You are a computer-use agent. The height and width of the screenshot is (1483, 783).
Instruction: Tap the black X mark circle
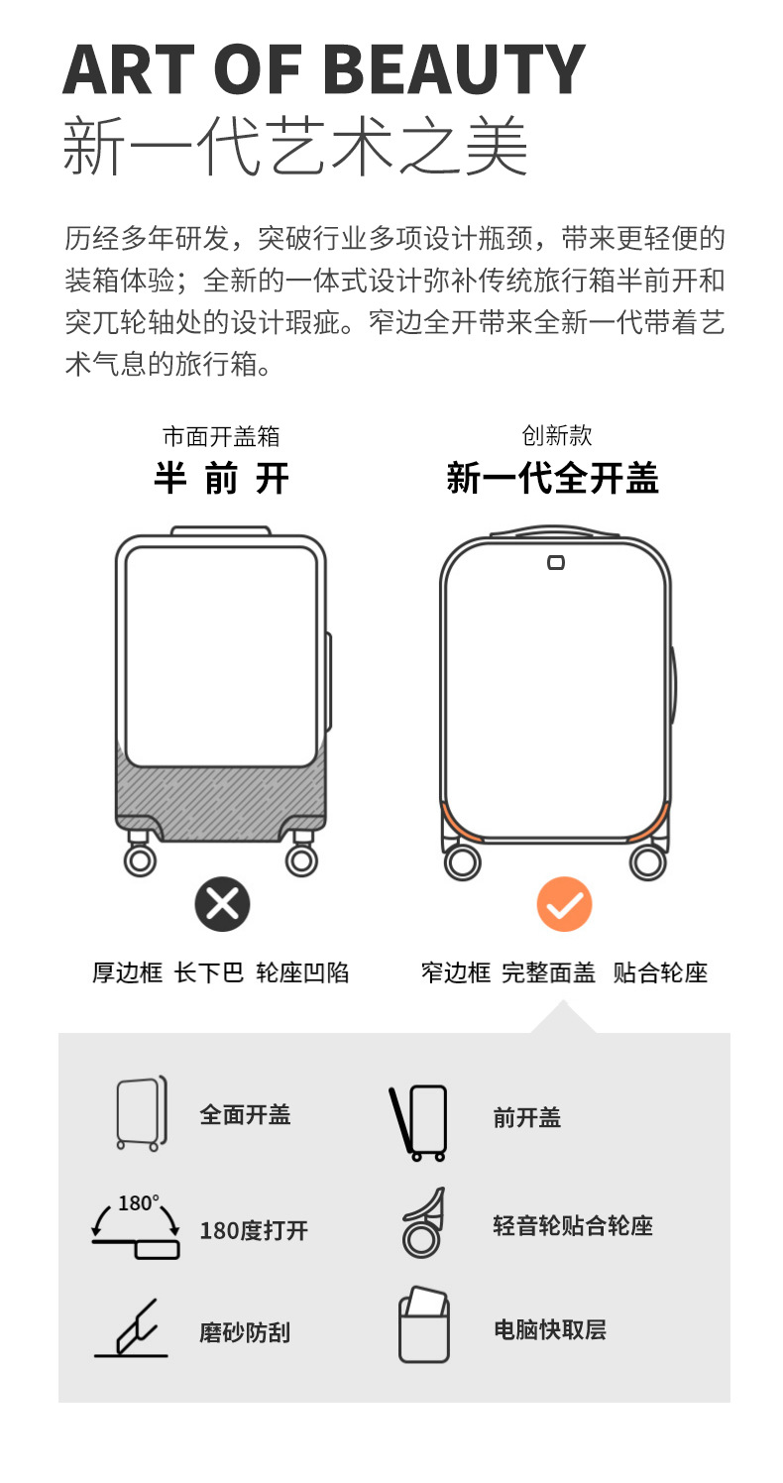coord(222,904)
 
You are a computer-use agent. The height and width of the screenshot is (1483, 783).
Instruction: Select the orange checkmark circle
coord(564,904)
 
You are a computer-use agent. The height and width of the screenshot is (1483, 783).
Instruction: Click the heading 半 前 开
coord(221,479)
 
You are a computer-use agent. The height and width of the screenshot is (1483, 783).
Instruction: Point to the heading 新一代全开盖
coord(552,479)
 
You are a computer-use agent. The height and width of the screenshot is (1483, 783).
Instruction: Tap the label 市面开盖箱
coord(221,436)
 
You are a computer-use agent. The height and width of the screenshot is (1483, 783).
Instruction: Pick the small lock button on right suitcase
coord(556,563)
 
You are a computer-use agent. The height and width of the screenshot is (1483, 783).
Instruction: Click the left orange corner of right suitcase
coord(460,822)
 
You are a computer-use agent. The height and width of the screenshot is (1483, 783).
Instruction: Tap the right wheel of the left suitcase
coord(301,859)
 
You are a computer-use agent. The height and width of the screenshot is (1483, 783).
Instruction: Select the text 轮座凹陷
coord(302,972)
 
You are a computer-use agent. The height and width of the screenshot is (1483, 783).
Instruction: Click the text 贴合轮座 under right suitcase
coord(660,972)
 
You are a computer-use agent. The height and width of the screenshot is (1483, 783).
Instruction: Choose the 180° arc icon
coord(137,1227)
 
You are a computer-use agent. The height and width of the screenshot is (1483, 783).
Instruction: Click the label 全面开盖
coord(245,1114)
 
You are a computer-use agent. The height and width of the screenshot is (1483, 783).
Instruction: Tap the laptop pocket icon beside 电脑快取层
coord(423,1323)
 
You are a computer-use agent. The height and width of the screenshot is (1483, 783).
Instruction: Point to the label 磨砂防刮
coord(245,1332)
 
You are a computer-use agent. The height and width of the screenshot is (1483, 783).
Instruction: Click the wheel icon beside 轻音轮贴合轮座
coord(422,1223)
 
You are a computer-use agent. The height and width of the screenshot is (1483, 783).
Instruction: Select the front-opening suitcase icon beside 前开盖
coord(419,1122)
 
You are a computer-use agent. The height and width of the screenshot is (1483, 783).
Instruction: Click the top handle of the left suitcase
coord(220,531)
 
